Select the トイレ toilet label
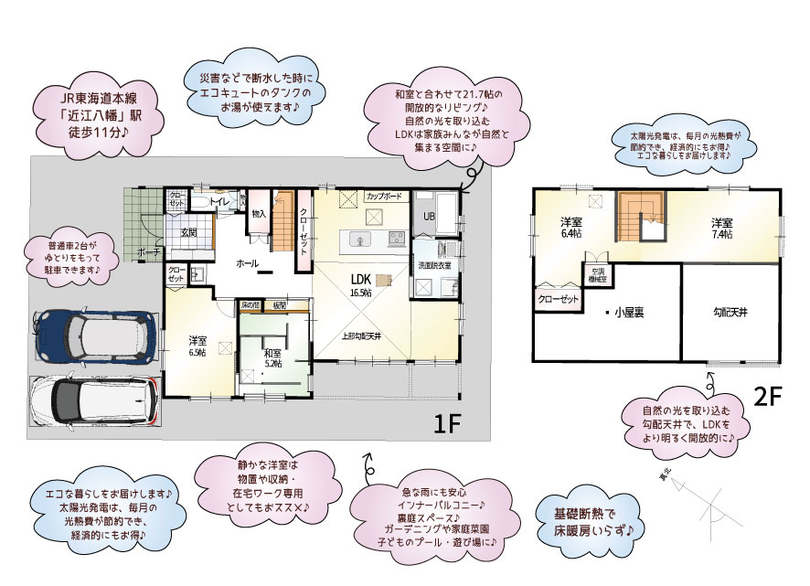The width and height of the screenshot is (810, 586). [220, 201]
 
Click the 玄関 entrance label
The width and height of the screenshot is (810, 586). [188, 232]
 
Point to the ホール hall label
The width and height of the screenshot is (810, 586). [247, 262]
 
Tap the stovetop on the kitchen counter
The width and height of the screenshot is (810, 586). [398, 240]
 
